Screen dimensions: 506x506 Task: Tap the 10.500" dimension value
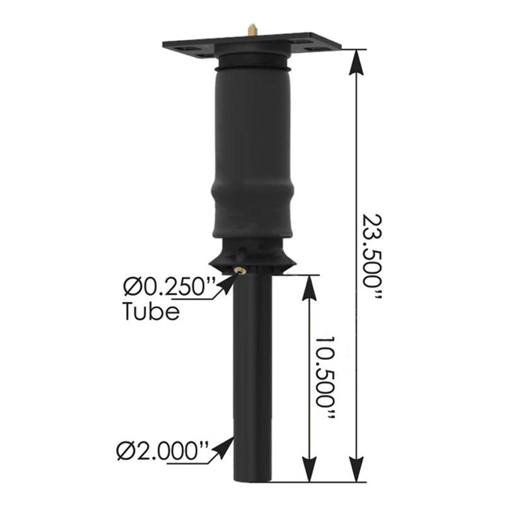tap(326, 378)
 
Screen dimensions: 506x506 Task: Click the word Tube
tap(151, 312)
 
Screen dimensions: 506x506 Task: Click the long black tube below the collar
tap(252, 376)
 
